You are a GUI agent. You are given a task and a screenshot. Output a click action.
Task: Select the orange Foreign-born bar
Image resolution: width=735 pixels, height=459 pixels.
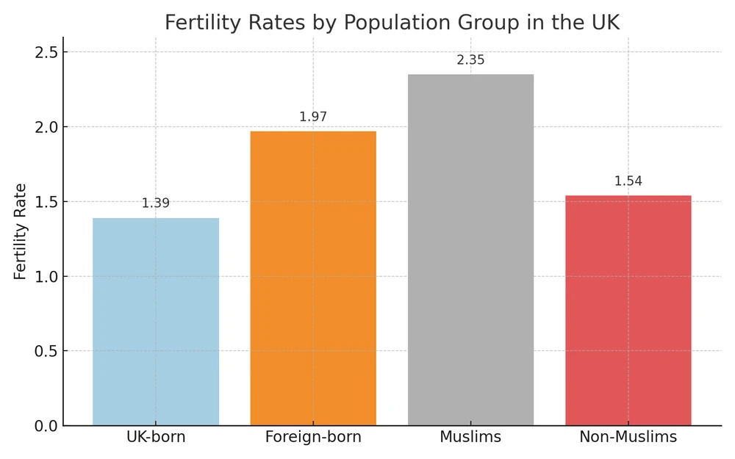click(313, 278)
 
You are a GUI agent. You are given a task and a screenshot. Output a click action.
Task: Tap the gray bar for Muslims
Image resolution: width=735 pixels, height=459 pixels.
click(470, 250)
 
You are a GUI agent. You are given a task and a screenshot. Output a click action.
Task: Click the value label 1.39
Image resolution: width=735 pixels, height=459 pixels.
click(156, 203)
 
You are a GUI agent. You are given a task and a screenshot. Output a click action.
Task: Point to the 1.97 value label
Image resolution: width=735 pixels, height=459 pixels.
click(313, 117)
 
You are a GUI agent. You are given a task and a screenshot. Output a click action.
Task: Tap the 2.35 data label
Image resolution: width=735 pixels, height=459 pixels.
click(470, 60)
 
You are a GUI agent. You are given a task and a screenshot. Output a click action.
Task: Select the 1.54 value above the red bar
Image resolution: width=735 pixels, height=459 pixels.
click(628, 181)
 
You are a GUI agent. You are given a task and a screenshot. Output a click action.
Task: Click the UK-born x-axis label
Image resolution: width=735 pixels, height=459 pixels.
click(156, 438)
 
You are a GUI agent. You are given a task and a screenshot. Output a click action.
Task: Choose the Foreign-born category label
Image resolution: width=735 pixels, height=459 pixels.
click(313, 438)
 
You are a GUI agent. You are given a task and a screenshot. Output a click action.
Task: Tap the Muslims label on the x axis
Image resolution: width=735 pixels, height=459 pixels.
click(470, 438)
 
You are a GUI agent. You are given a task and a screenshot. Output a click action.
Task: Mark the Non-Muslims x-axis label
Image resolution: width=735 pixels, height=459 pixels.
click(628, 438)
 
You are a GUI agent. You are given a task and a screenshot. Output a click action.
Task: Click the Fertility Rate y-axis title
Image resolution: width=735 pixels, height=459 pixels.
click(20, 231)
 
